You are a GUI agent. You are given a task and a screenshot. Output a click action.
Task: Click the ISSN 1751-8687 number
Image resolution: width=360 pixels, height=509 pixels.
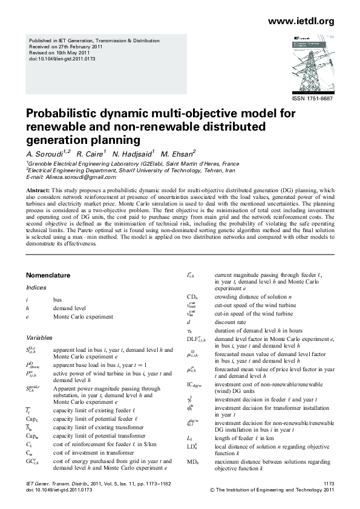click(x=312, y=99)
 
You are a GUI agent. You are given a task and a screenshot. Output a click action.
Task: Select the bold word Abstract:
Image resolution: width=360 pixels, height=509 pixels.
click(x=38, y=190)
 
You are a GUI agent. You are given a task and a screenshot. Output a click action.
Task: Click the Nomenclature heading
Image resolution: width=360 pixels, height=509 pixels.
click(x=51, y=273)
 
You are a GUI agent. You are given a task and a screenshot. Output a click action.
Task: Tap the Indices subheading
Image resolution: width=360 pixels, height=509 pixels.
click(x=36, y=287)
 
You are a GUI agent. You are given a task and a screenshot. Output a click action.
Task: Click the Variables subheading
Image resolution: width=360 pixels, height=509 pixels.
click(x=39, y=337)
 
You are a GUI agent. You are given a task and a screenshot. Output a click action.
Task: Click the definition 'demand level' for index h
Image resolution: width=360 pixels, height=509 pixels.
click(x=69, y=308)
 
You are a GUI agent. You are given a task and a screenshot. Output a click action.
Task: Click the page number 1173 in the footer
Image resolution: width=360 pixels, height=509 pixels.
click(x=329, y=484)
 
